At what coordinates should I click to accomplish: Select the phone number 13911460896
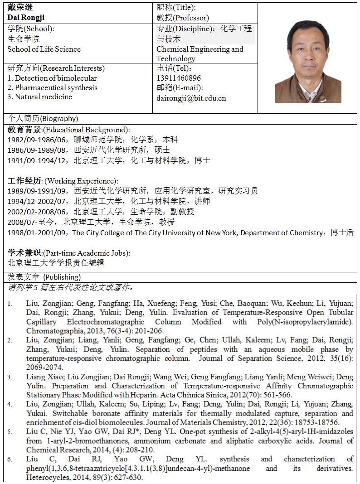point(179,78)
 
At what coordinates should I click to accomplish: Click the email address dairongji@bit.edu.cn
point(191,97)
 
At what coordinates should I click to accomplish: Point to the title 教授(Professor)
point(183,18)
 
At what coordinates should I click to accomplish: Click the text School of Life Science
point(44,49)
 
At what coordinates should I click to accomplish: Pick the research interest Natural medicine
point(39,97)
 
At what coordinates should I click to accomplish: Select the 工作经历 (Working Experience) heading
point(63,181)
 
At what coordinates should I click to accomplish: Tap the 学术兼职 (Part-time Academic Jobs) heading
point(68,252)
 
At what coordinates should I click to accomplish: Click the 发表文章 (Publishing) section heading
point(44,276)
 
